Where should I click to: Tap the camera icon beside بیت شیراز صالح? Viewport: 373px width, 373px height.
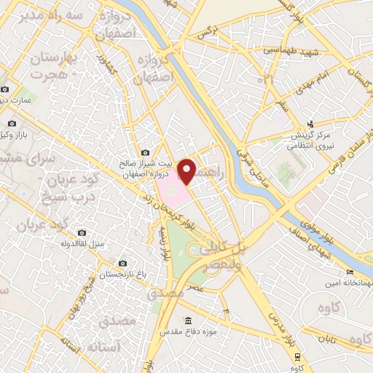click(x=146, y=152)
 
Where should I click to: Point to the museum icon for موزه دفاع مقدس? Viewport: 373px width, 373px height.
click(x=188, y=321)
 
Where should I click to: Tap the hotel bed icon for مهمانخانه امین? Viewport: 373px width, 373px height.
click(x=350, y=272)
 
